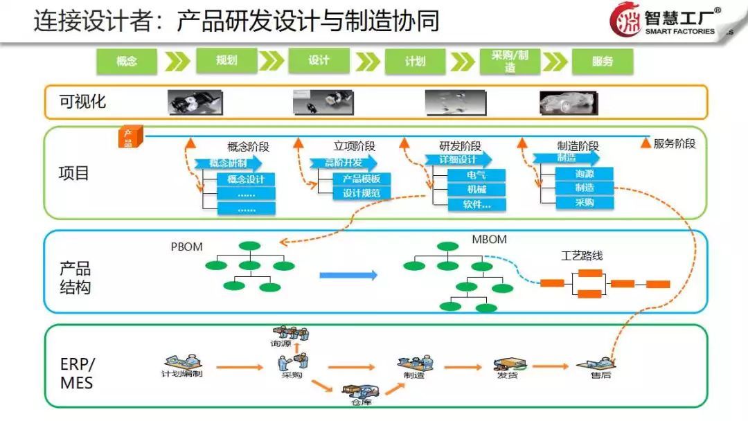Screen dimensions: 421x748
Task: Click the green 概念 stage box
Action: coord(127,61)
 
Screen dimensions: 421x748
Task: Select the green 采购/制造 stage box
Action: coord(510,61)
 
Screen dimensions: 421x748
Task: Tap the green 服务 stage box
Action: coord(603,61)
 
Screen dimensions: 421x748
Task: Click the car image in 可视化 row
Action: coord(568,102)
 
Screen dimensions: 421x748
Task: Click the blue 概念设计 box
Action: coord(246,179)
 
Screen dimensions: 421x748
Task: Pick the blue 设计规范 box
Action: coord(361,193)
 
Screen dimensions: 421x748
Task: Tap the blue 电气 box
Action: coord(476,174)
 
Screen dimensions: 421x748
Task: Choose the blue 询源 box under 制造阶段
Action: coord(585,174)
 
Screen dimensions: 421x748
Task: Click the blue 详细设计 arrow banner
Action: coord(460,160)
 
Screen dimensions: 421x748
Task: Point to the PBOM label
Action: coord(186,247)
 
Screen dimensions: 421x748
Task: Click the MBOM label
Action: coord(489,240)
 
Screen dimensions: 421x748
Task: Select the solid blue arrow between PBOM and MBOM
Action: coord(348,276)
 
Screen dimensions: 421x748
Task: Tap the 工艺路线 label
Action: coord(581,256)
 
